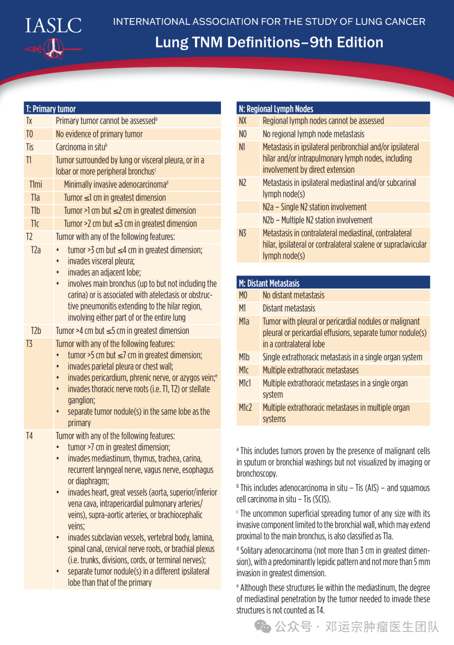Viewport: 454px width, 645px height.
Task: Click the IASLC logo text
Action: (53, 26)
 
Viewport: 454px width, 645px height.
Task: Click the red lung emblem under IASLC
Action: (53, 48)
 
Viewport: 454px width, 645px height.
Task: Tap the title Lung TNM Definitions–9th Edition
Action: (269, 42)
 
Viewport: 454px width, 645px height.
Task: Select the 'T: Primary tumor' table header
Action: (51, 109)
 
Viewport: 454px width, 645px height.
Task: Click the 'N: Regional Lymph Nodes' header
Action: (276, 109)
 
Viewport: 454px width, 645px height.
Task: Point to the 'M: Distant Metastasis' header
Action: (269, 283)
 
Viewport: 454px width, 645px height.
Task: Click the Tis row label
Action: (30, 147)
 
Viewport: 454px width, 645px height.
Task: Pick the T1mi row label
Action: (36, 185)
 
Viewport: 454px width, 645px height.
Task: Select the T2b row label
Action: (36, 331)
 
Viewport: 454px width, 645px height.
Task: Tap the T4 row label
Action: (29, 436)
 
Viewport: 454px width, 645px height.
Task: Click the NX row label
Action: (243, 121)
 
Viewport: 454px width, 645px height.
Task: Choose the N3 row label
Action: (243, 233)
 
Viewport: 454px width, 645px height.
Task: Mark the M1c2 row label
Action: (245, 408)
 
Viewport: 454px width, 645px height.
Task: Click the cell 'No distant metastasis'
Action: (293, 296)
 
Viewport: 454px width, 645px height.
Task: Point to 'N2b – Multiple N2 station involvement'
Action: (317, 220)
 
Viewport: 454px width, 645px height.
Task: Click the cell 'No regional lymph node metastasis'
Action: (314, 134)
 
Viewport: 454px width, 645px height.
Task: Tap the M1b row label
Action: (244, 357)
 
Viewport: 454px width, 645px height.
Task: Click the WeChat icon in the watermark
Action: (263, 626)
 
